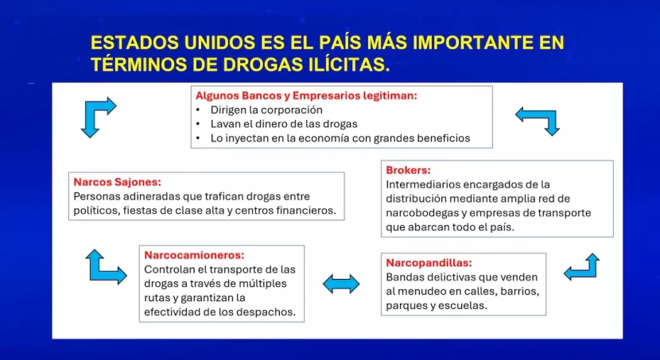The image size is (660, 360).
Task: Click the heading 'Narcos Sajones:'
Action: (x=117, y=182)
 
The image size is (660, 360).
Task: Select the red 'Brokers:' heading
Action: (x=408, y=170)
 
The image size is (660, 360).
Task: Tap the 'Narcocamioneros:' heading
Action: (x=194, y=255)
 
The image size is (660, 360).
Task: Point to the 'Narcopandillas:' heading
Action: (x=429, y=263)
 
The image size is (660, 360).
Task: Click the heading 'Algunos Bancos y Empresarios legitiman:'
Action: (x=306, y=95)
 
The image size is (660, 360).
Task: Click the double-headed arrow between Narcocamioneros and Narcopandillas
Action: (x=341, y=284)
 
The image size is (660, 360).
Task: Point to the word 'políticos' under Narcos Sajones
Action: (x=96, y=211)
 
